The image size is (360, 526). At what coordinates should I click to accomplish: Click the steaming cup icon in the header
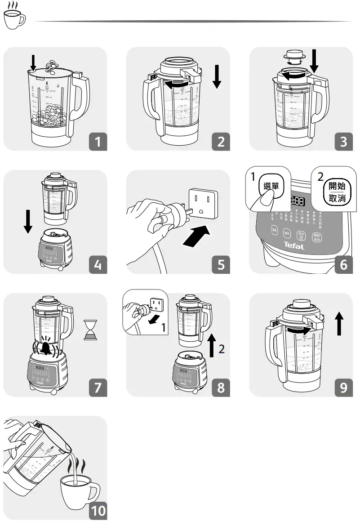point(14,17)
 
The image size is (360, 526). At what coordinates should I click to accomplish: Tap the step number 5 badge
point(221,264)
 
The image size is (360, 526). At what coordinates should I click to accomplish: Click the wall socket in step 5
point(203,203)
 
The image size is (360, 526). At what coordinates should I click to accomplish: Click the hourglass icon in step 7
point(90,330)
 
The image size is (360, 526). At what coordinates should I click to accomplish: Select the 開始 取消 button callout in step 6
point(337,192)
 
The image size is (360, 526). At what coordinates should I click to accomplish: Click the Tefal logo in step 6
point(294,246)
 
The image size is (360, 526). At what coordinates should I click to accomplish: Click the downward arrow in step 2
point(217,77)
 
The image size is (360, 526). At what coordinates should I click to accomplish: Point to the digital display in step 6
point(298,201)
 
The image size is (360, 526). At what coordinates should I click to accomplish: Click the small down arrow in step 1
point(32,62)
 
